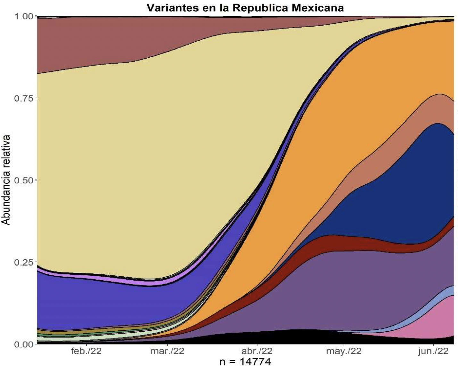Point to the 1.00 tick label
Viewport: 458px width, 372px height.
[x=23, y=16]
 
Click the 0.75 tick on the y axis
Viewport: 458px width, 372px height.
[x=23, y=98]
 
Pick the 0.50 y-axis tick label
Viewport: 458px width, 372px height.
[x=23, y=180]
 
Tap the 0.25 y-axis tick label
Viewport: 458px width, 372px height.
[x=23, y=262]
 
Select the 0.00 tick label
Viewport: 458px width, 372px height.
[x=23, y=344]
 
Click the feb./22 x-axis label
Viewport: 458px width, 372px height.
[x=86, y=351]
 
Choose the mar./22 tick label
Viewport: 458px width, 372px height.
[x=167, y=351]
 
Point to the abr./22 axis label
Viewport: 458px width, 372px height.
[x=257, y=351]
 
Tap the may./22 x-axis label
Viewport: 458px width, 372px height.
[x=344, y=351]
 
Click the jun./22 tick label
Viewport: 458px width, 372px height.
[x=433, y=351]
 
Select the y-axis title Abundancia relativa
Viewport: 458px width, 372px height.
[x=6, y=180]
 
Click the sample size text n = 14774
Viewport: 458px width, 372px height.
[x=245, y=362]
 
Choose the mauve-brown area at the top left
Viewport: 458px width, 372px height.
[x=80, y=42]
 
